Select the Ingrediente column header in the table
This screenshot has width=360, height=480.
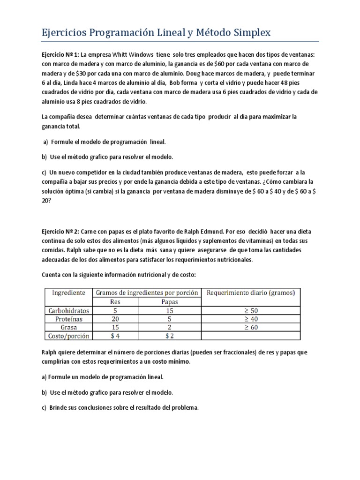click(68, 292)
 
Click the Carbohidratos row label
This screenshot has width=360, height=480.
click(68, 310)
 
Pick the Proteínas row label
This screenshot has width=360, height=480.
click(68, 319)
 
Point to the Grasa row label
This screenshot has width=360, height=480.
click(68, 327)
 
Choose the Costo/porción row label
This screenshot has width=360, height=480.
click(68, 336)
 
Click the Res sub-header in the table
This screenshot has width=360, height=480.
click(115, 301)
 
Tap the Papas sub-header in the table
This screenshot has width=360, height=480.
click(170, 301)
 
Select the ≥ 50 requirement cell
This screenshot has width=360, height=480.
click(251, 310)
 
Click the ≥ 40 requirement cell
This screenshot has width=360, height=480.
click(251, 319)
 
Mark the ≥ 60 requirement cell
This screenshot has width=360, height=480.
click(251, 327)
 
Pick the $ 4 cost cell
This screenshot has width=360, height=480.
click(115, 336)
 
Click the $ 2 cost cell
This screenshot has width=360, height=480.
click(170, 336)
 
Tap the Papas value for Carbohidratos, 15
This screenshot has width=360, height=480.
click(170, 310)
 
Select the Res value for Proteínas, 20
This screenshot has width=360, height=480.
click(115, 319)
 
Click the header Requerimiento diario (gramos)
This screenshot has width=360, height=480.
click(251, 292)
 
